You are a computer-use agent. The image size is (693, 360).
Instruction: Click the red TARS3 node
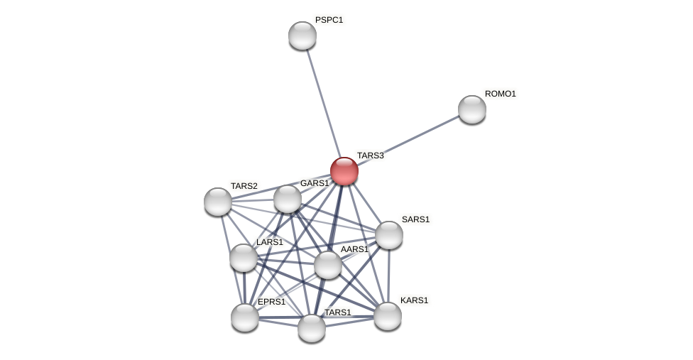click(x=344, y=171)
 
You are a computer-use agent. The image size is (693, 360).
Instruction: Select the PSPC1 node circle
click(x=302, y=36)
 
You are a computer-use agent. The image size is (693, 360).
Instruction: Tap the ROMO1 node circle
click(x=472, y=109)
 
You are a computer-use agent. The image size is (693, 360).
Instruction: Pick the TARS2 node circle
click(x=218, y=202)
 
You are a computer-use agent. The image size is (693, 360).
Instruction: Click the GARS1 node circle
click(x=288, y=199)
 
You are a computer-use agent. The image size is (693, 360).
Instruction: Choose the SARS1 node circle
click(x=389, y=235)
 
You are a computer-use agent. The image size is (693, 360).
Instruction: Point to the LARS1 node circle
click(x=244, y=258)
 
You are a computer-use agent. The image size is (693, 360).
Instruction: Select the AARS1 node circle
click(x=328, y=265)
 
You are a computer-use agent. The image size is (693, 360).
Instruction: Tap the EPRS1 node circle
click(x=245, y=317)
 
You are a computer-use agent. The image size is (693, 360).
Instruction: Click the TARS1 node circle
click(x=312, y=328)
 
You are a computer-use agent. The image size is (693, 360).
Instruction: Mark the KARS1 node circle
click(x=388, y=316)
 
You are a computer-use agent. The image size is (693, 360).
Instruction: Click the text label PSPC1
click(x=329, y=20)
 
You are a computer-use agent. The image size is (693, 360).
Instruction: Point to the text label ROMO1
click(x=501, y=94)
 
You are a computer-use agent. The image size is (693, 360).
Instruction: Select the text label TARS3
click(x=370, y=156)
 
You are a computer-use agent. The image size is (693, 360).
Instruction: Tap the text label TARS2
click(x=244, y=186)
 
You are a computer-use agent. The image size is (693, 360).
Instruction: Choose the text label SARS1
click(x=415, y=219)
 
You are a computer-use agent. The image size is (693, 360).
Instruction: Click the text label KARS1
click(x=414, y=300)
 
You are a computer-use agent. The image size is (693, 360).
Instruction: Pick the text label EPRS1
click(x=271, y=302)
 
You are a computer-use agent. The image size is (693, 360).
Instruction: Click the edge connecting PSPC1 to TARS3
click(x=323, y=102)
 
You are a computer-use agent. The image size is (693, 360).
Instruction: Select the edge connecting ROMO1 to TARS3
click(x=408, y=140)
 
